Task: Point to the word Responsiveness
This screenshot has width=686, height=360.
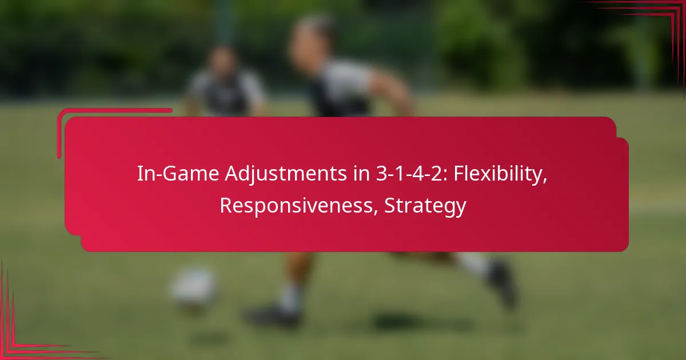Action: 298,206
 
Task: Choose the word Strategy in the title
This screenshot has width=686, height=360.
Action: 425,206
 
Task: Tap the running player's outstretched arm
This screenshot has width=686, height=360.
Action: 394,91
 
